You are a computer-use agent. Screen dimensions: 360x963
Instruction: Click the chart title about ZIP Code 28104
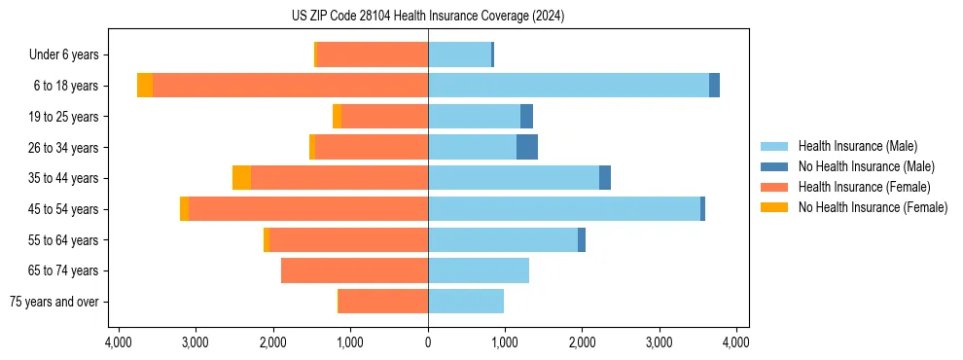point(428,17)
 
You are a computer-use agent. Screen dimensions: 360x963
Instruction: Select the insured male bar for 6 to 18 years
point(568,86)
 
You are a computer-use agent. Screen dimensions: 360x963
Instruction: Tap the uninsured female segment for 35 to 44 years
point(241,178)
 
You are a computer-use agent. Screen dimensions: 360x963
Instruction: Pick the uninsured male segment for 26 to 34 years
point(526,147)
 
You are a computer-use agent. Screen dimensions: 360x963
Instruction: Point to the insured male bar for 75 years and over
point(466,302)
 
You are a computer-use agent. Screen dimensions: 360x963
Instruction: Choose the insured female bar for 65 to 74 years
point(354,270)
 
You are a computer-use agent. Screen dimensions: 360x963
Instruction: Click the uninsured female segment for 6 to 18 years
point(145,86)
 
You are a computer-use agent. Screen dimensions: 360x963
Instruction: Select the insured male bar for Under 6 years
point(459,54)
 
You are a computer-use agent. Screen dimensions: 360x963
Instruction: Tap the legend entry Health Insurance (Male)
point(856,146)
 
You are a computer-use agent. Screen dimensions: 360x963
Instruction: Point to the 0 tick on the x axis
point(428,342)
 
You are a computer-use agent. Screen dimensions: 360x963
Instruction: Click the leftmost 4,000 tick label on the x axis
point(119,342)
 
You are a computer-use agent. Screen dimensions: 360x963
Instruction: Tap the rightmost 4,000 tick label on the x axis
point(736,342)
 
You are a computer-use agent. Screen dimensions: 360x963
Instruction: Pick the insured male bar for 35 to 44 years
point(514,178)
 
